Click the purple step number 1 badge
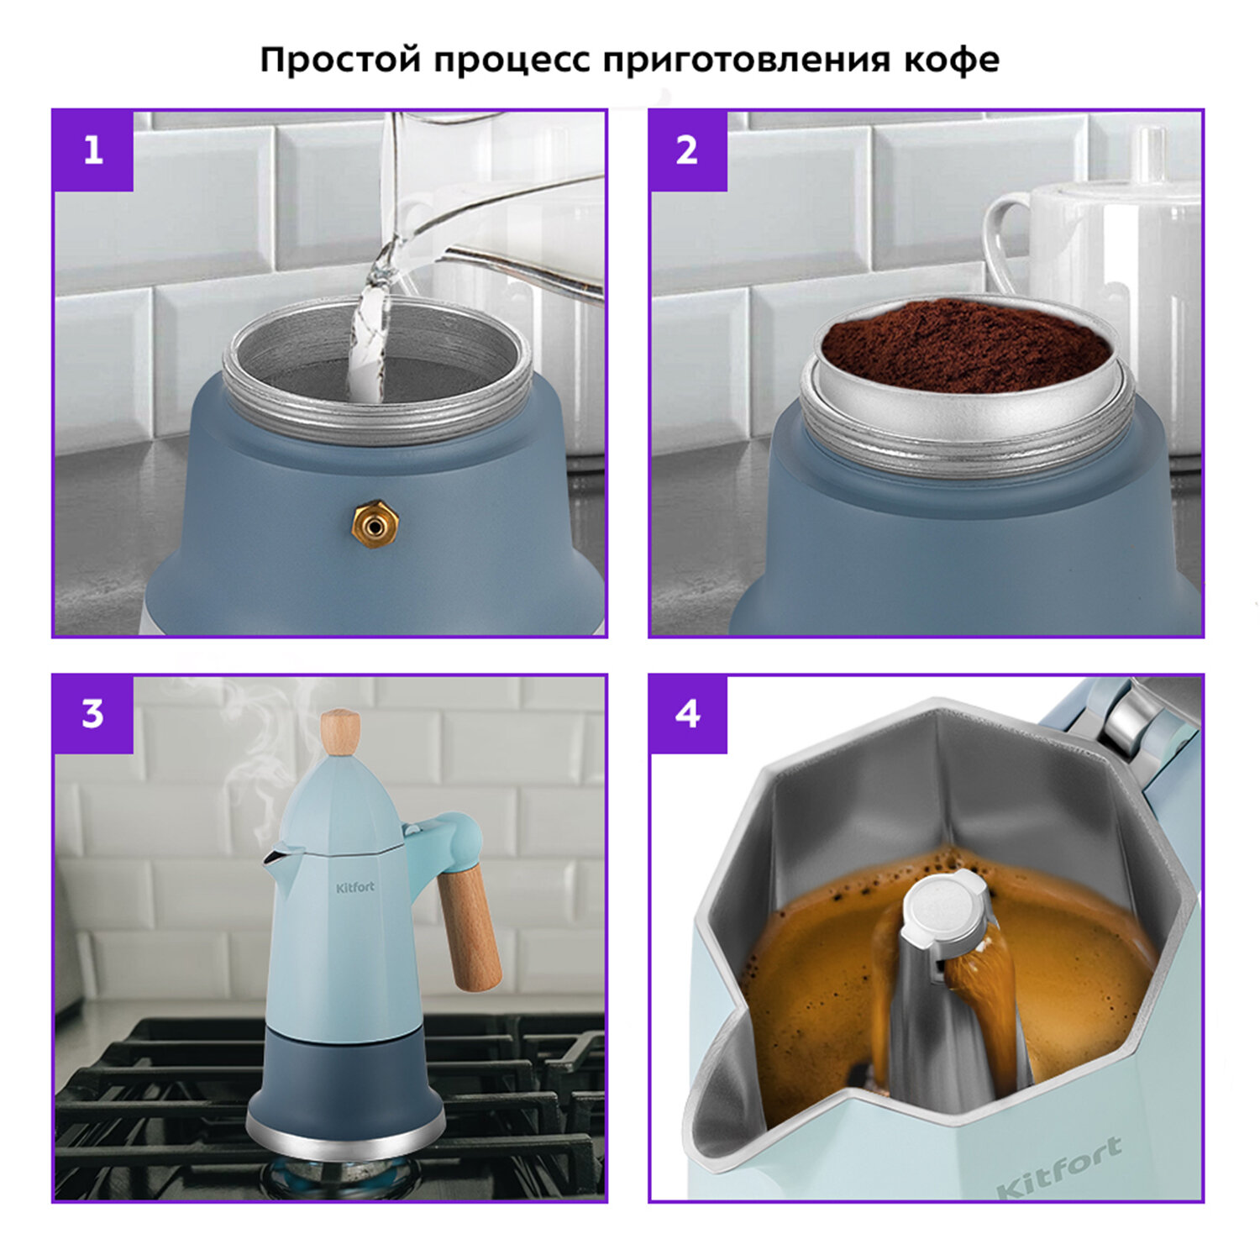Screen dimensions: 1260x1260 93,151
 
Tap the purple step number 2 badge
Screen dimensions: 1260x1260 687,151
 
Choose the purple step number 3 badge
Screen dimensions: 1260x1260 93,714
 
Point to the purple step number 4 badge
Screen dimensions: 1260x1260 688,714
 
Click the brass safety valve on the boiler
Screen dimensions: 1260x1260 375,524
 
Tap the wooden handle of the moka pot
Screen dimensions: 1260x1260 470,927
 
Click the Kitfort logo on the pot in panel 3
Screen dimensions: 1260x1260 355,888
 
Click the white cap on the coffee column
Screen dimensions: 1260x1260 946,911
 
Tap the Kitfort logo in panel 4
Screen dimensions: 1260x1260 1059,1168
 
